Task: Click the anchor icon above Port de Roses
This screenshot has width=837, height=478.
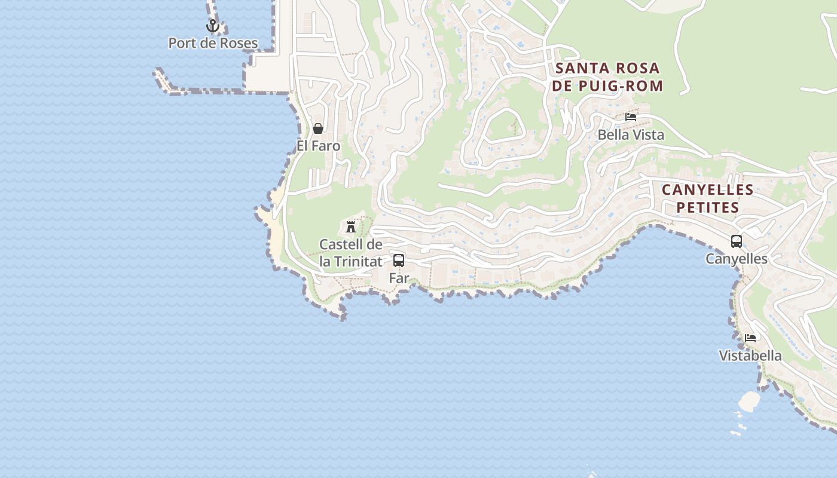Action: pos(212,26)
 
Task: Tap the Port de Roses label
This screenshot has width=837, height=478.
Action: pos(213,43)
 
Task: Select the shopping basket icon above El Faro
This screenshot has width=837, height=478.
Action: pos(318,128)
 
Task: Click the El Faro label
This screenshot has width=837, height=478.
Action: pos(318,146)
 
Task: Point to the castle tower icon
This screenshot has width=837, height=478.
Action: pos(351,227)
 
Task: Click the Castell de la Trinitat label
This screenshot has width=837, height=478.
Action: pos(351,253)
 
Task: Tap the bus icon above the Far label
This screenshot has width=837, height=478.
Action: pos(399,261)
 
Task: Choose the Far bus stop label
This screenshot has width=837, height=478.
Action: pos(399,278)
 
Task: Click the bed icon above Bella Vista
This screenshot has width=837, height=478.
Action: pos(631,117)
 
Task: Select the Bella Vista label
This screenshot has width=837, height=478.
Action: pos(631,134)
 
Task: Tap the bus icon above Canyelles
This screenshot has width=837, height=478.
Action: pos(737,241)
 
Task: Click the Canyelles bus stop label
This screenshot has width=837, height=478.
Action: pos(737,259)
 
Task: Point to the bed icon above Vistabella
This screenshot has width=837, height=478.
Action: pos(750,338)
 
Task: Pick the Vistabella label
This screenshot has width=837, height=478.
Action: pos(750,356)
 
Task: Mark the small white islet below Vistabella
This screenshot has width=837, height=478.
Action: pos(749,400)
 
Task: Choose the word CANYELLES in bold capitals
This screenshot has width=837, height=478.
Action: pos(708,190)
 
